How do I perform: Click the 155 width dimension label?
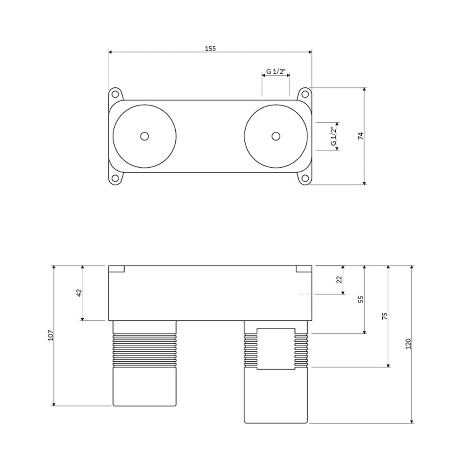pos(210,48)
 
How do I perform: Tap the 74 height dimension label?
pos(361,136)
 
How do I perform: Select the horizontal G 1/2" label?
pos(276,72)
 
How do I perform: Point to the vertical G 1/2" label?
pos(333,136)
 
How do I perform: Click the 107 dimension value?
pos(50,335)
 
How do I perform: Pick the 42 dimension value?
pos(79,292)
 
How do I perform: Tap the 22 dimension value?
pos(339,279)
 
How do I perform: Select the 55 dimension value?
pos(361,299)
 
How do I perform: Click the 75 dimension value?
pos(385,316)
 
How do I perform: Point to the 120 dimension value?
pos(408,344)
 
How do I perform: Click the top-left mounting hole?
pos(114,94)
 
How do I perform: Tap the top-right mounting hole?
pos(305,94)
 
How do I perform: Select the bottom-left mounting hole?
pos(114,179)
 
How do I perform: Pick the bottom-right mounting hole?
pos(305,179)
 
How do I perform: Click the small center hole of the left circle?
pos(145,136)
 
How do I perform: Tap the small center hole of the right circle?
pos(276,136)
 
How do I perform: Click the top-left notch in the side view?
pos(116,269)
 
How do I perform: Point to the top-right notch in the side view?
pos(304,269)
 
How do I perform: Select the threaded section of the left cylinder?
pos(145,351)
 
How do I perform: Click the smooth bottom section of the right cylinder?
pos(276,396)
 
